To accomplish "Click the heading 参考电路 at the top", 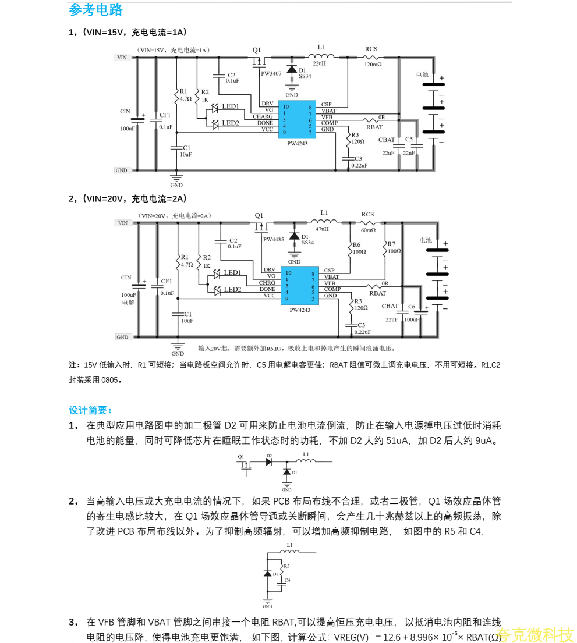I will tap(96, 10).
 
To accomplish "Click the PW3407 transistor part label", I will tap(271, 74).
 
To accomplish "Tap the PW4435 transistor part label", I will tap(273, 240).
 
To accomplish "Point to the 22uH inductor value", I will tap(320, 63).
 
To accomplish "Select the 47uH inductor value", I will tap(322, 229).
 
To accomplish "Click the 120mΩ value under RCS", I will tap(373, 65).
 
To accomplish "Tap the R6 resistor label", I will tap(356, 244).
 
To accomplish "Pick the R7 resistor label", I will tap(391, 244).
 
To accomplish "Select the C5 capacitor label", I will tap(409, 140).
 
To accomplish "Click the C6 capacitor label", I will tap(412, 307).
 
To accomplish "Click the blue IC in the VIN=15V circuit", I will tap(297, 119).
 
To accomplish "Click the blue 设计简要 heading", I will tap(91, 410).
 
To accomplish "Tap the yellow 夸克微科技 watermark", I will tap(535, 634).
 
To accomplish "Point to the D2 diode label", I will tap(269, 456).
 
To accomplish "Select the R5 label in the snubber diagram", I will tap(286, 566).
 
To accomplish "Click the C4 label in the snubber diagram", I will tap(287, 580).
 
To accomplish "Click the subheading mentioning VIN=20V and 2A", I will tap(128, 198).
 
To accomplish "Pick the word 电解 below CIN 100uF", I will tap(128, 303).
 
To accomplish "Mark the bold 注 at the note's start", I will tap(74, 365).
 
